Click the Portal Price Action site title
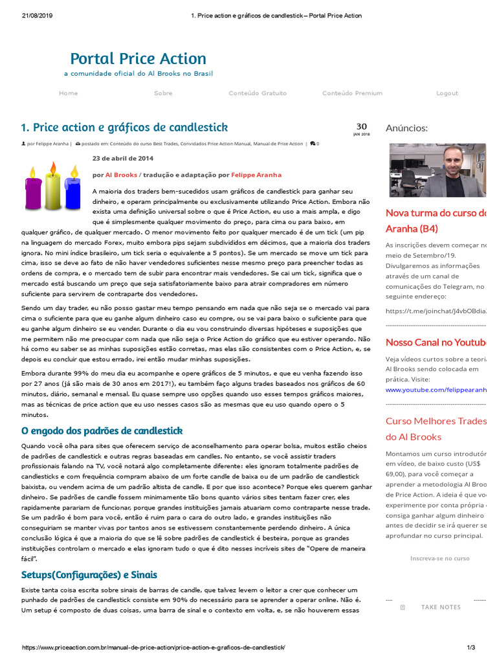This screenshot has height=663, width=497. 138,59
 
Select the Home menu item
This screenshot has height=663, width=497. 68,93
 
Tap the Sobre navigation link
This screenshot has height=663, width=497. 163,93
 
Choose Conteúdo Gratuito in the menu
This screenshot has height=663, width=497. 258,93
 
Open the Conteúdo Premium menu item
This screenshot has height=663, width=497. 352,93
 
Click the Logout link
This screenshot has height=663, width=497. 447,93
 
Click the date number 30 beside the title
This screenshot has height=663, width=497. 361,127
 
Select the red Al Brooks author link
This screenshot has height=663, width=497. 121,175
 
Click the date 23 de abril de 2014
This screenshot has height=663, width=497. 123,158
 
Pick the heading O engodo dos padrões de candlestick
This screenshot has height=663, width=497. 102,431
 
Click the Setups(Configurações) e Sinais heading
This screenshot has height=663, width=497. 89,575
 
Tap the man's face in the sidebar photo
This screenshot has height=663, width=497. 447,163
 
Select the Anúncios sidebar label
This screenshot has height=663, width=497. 406,128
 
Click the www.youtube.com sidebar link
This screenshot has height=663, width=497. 436,390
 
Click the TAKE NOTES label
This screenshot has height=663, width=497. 441,607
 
